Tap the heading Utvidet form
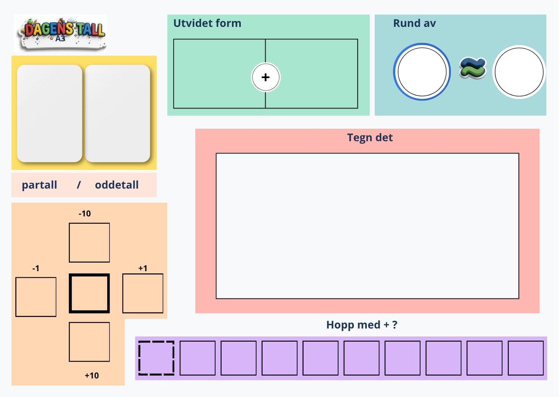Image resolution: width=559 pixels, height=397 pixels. (207, 23)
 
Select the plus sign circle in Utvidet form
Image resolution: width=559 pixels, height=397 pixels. (265, 77)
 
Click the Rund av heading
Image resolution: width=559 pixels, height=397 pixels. (414, 23)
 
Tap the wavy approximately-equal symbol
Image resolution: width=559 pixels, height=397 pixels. (473, 68)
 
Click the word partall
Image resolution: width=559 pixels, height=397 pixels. (39, 185)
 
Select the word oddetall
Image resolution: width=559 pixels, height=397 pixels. (117, 185)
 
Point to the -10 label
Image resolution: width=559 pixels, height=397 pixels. (85, 214)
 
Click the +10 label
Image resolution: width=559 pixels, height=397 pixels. (92, 375)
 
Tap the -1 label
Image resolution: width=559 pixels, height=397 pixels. (36, 268)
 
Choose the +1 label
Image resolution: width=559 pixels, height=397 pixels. (143, 268)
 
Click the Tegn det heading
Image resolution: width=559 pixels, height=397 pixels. (370, 137)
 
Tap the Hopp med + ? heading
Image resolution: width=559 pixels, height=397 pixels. (362, 325)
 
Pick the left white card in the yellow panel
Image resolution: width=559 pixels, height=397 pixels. (50, 113)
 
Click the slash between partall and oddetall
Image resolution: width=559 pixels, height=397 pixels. (79, 185)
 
